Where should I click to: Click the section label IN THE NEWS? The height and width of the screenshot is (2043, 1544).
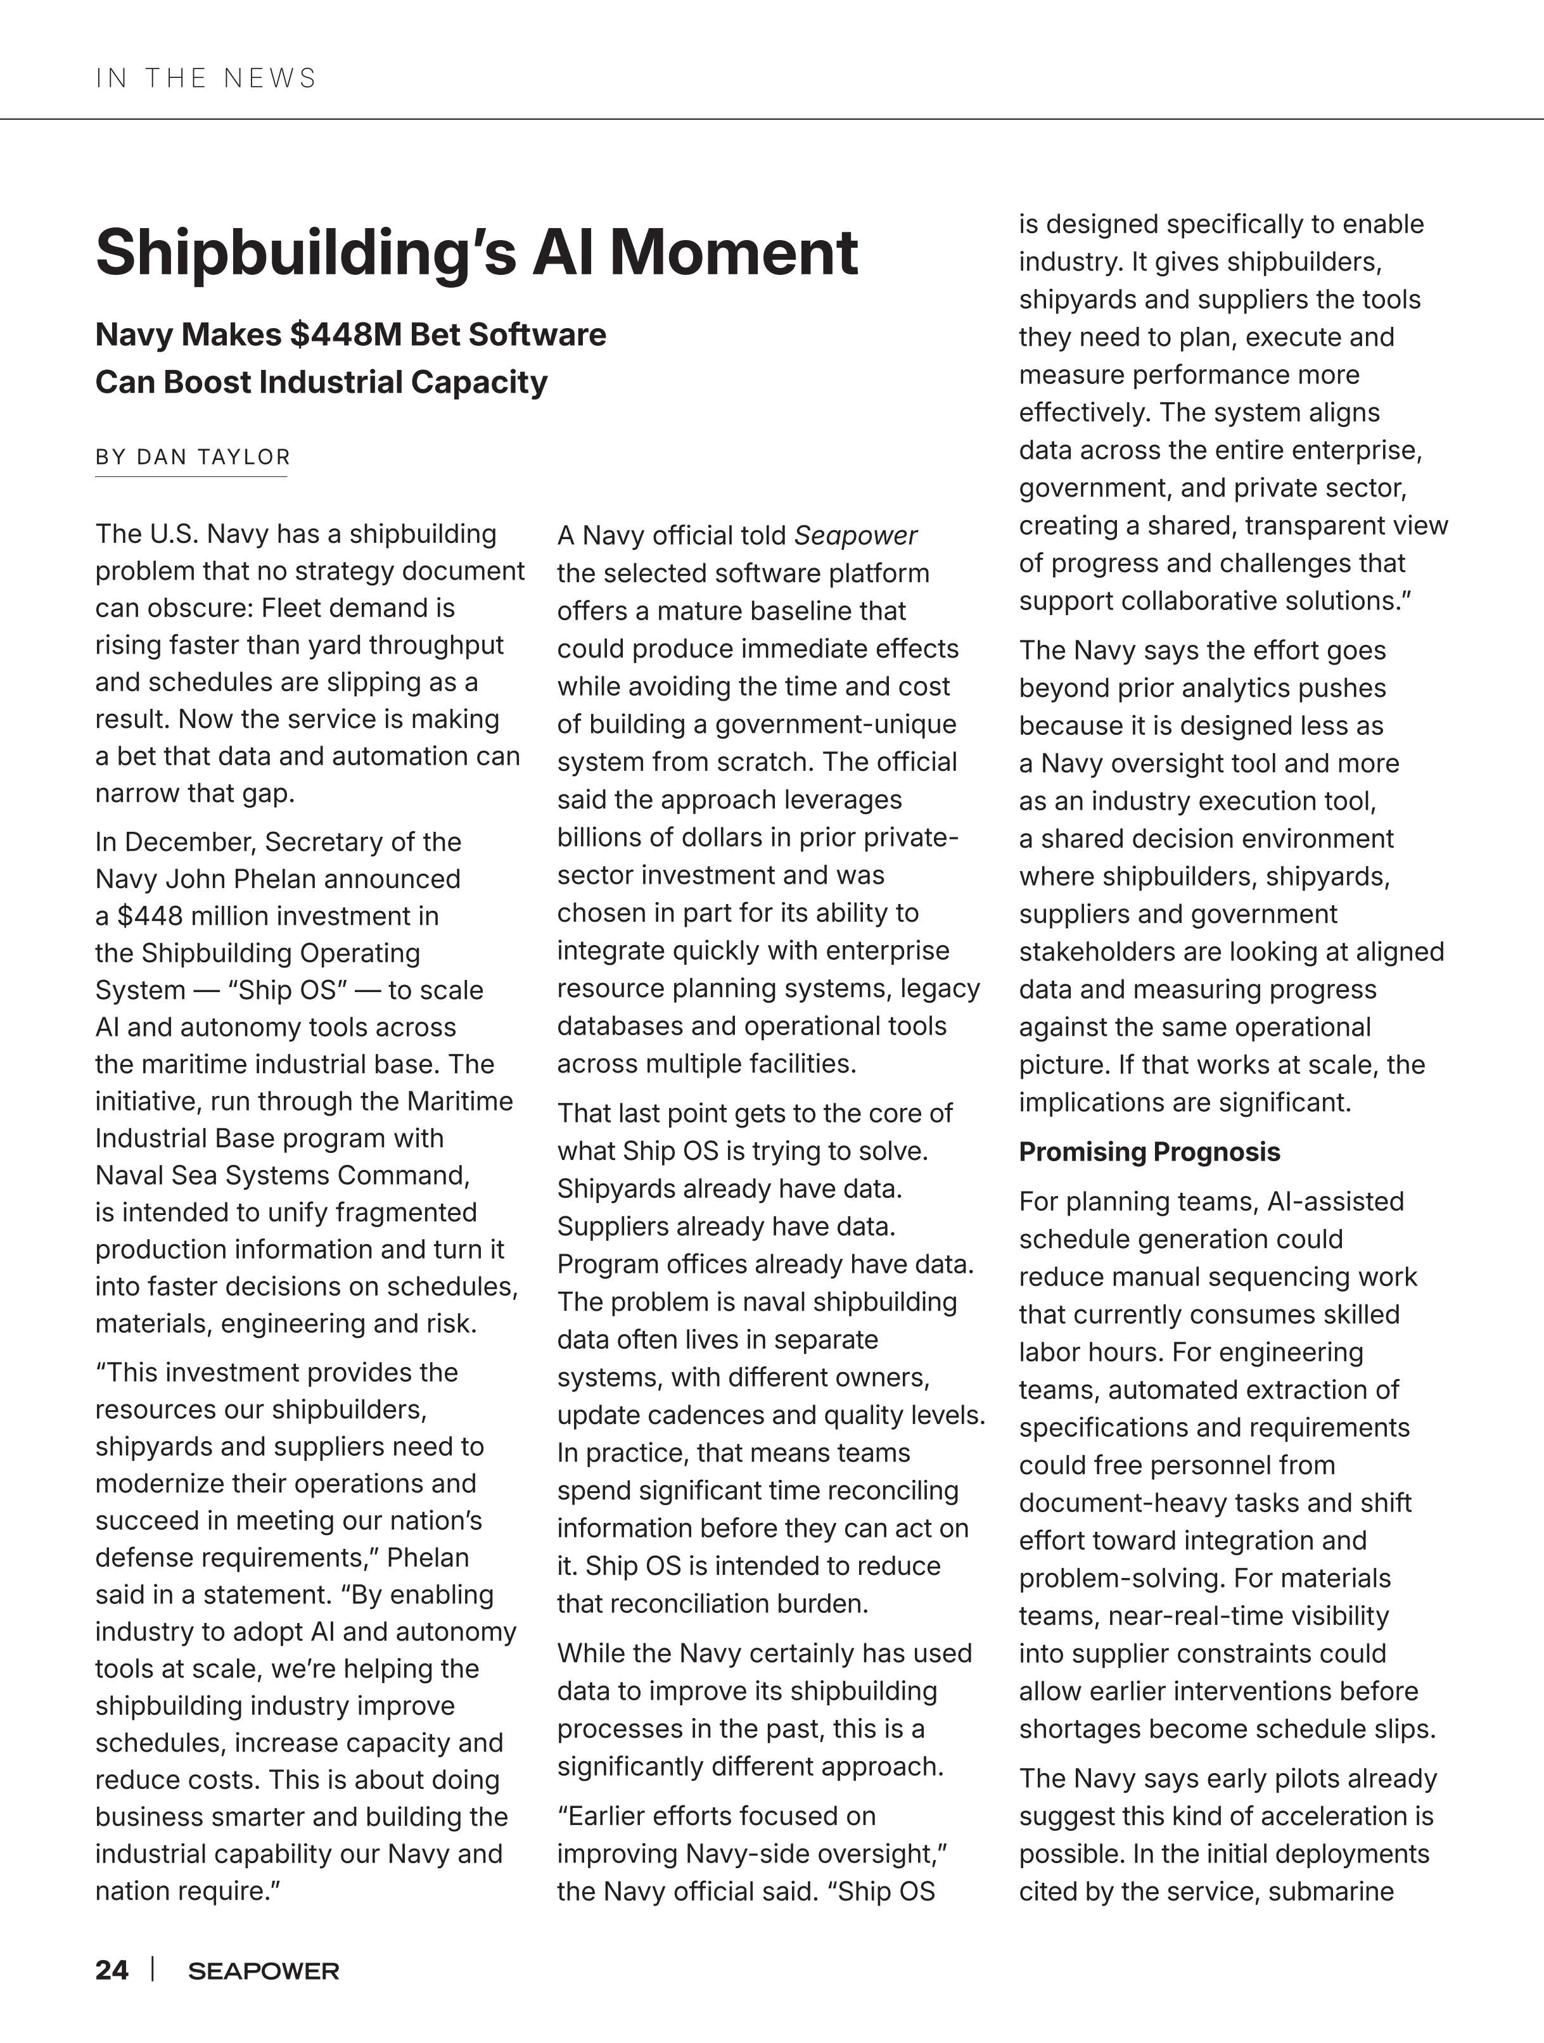coord(206,79)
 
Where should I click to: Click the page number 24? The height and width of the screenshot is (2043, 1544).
coord(112,1970)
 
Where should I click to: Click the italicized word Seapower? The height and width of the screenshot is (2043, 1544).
coord(855,536)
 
